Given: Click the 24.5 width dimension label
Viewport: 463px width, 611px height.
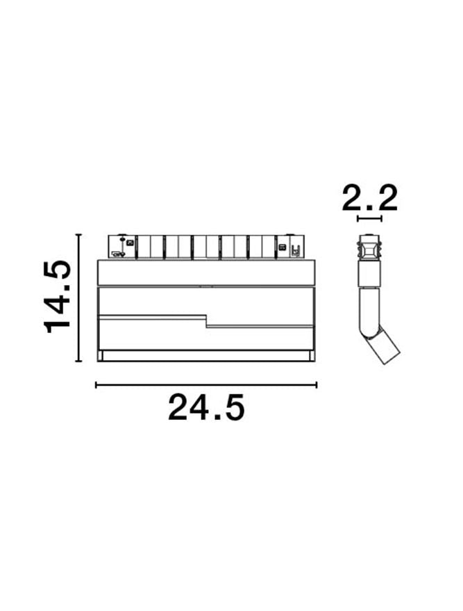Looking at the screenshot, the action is click(x=206, y=407).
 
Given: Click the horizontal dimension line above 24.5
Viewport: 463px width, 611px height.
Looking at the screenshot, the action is click(x=206, y=385).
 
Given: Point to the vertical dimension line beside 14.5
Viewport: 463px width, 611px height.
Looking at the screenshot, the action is click(x=79, y=298).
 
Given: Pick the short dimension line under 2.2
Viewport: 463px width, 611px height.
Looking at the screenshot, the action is click(x=369, y=218).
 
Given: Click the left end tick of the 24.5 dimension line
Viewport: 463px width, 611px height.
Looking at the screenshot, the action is click(x=96, y=385).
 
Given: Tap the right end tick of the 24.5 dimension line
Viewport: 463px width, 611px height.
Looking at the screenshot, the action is click(x=317, y=385).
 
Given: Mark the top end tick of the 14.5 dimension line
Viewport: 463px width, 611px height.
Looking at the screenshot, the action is click(x=79, y=235).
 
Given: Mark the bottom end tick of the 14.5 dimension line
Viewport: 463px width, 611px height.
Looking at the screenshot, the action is click(x=79, y=361).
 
